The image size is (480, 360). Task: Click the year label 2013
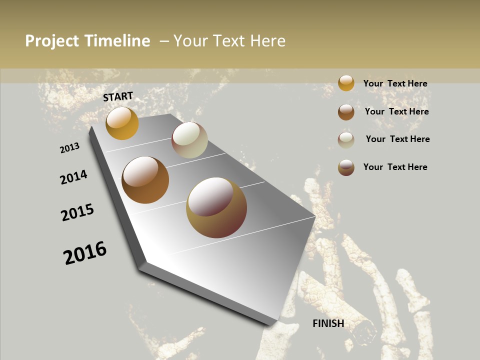pos(69,148)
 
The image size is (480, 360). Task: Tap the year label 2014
pos(73,177)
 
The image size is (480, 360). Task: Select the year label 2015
pos(77,212)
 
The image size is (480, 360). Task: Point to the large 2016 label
pos(85,253)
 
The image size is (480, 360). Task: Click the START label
pos(118,96)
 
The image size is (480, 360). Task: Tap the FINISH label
pos(328,323)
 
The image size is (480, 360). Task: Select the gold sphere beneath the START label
pos(122,123)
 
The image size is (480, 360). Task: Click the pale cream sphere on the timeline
pos(189,140)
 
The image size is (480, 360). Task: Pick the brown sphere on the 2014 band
pos(145,180)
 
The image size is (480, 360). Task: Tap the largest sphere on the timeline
pos(216,207)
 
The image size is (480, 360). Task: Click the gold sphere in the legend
pos(346,83)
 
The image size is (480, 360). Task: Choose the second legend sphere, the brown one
pos(346,112)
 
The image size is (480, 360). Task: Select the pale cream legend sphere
pos(346,140)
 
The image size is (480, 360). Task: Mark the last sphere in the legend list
pos(346,167)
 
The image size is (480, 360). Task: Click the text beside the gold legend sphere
pos(395,83)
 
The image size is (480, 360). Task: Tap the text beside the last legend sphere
pos(395,167)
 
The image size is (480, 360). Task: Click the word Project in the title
pos(52,41)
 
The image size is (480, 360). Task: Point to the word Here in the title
pos(267,41)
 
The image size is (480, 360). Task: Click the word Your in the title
pos(190,41)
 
